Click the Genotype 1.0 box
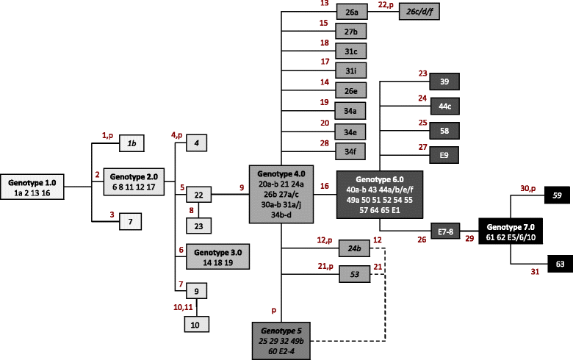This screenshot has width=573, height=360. click(32, 187)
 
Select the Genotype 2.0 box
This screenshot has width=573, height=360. click(134, 181)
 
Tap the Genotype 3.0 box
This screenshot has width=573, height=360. click(217, 256)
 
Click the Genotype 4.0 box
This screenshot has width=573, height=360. click(281, 194)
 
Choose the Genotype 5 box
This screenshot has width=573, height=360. click(281, 341)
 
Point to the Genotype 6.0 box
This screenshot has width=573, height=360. click(380, 195)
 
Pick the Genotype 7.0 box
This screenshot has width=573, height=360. click(511, 231)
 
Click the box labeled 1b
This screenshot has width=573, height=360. click(131, 143)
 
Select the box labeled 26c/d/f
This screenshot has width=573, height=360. click(419, 11)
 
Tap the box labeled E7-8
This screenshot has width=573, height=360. click(445, 231)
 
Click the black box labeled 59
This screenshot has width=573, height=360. click(557, 195)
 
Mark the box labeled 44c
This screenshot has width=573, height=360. click(444, 107)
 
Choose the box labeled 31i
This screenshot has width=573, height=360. click(351, 71)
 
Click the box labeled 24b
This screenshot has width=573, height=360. click(354, 248)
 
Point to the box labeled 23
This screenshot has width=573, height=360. click(199, 226)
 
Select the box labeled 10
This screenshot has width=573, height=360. click(197, 324)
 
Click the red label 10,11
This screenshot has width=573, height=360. click(183, 307)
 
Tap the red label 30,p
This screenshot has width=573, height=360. click(528, 189)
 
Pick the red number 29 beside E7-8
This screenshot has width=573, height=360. click(469, 239)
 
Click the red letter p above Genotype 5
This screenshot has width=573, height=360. click(274, 311)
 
